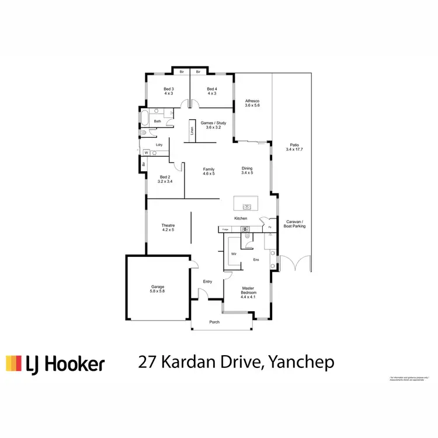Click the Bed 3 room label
169,89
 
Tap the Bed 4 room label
212,89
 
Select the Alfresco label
252,102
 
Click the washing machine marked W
147,153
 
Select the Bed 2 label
165,177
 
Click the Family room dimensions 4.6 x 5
209,173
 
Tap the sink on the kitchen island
247,206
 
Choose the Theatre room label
168,225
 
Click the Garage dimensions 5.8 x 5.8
158,291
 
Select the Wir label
233,254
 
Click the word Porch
214,322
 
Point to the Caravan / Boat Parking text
295,224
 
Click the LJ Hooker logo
55,363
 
